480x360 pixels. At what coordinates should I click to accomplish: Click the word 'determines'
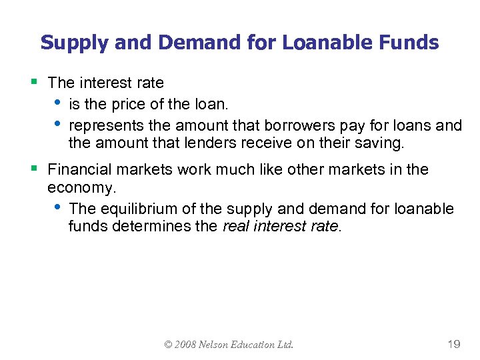(x=175, y=227)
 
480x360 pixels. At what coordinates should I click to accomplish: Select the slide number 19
(x=453, y=344)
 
